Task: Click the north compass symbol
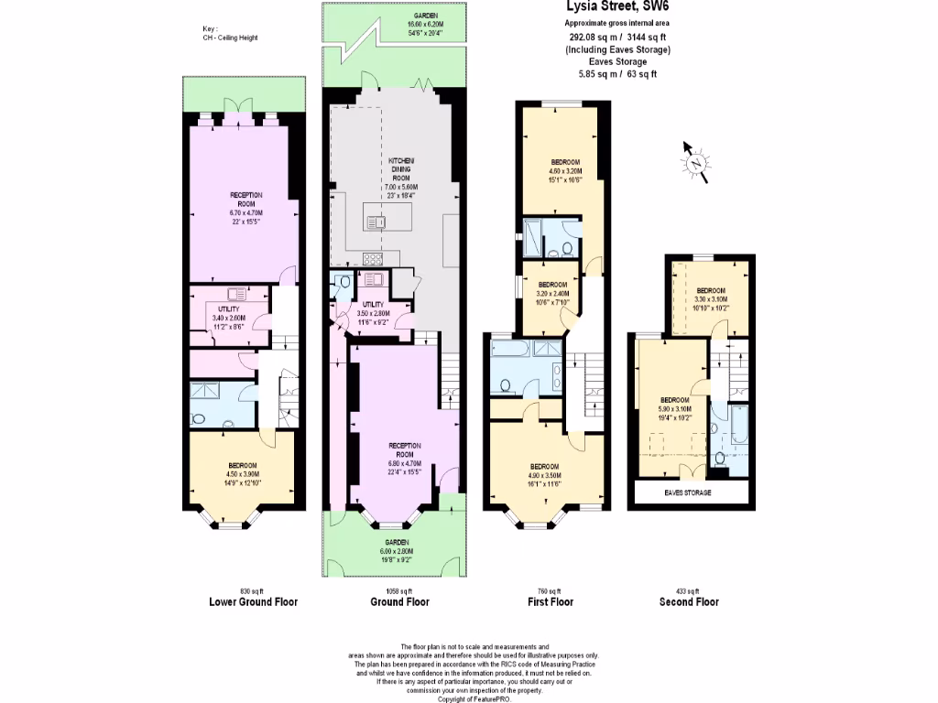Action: (x=695, y=163)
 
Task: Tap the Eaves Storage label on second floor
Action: (x=694, y=492)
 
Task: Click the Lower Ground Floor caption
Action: (x=253, y=602)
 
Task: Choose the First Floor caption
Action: (x=551, y=602)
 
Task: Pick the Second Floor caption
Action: (x=689, y=602)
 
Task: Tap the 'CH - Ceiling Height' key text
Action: (x=232, y=38)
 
